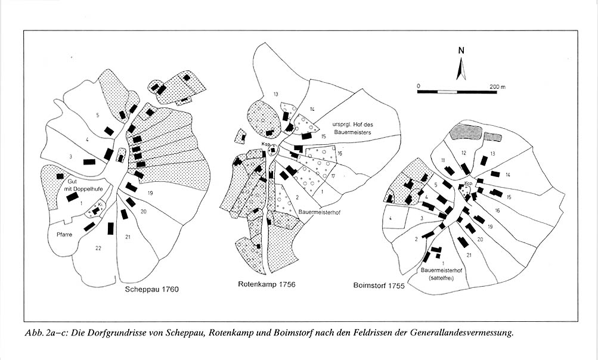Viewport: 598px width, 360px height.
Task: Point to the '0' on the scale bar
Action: [419, 86]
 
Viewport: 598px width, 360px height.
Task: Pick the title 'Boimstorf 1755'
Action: [378, 285]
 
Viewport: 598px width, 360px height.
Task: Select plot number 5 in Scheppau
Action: [95, 114]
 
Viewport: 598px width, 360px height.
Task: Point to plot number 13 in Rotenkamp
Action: [275, 95]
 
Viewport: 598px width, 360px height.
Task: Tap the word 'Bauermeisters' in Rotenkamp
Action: [354, 132]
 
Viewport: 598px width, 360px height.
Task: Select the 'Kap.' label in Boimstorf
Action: [469, 183]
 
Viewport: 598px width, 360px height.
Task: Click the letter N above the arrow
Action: [461, 51]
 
